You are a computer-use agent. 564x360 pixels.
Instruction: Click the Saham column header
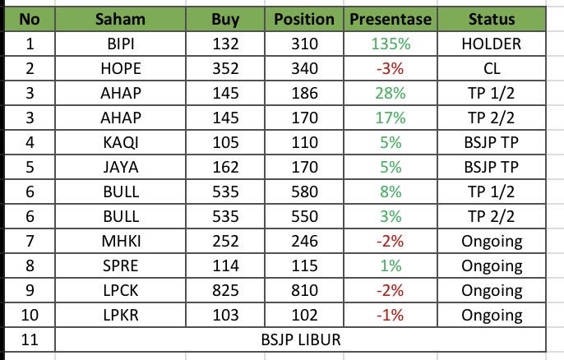[x=121, y=19]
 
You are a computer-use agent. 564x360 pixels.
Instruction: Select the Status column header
[x=492, y=19]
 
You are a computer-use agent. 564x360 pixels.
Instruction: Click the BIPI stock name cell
[x=121, y=43]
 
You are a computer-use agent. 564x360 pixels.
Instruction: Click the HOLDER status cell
[x=492, y=43]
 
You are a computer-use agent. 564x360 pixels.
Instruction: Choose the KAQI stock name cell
[x=121, y=142]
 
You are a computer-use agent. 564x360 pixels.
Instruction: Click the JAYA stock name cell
[x=121, y=167]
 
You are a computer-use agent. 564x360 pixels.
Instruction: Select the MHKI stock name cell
[x=121, y=241]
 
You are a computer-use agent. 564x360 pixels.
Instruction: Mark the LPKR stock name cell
[x=121, y=315]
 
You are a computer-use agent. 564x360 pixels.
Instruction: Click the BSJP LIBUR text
[x=300, y=339]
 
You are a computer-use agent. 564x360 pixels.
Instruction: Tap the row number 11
[x=29, y=339]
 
